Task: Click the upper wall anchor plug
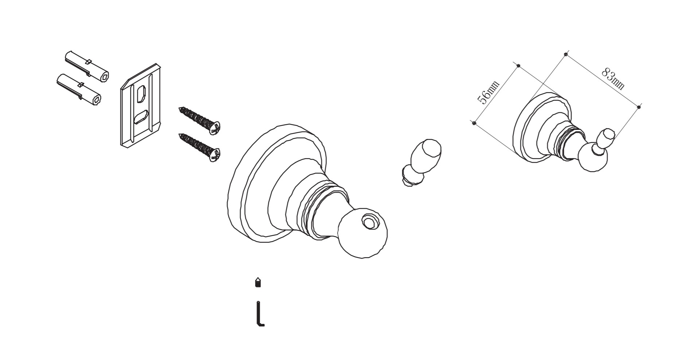click(87, 66)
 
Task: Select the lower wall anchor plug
click(79, 89)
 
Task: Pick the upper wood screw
click(199, 120)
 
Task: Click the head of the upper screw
click(215, 128)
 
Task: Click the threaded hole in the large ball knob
click(370, 222)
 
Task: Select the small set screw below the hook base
click(258, 282)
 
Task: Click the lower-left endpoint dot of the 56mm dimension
click(474, 123)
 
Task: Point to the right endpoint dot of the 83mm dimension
click(639, 107)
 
